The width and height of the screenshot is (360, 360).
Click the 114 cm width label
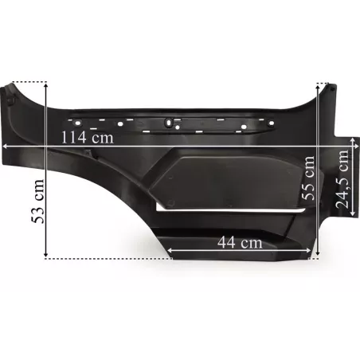(88, 138)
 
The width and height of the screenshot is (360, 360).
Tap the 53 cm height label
(37, 202)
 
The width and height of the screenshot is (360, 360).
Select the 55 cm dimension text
(308, 178)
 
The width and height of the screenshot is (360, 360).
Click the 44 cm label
(240, 242)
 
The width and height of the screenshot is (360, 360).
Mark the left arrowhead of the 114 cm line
(5, 146)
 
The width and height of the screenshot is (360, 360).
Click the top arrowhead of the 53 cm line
(46, 85)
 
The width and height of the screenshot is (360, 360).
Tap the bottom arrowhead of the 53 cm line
(46, 255)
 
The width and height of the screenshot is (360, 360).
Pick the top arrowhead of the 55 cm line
(318, 87)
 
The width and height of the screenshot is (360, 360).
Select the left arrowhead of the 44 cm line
(170, 250)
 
